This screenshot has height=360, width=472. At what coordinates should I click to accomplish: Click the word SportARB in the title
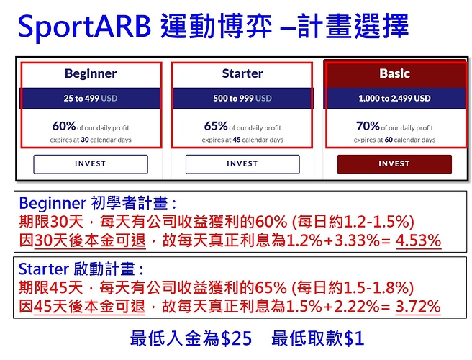pyautogui.click(x=84, y=27)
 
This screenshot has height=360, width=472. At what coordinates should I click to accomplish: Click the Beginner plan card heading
pyautogui.click(x=91, y=73)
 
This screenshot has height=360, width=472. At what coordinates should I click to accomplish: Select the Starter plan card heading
pyautogui.click(x=242, y=73)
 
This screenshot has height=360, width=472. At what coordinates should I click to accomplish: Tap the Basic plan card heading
pyautogui.click(x=394, y=73)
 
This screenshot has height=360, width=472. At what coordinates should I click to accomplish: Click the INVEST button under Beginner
pyautogui.click(x=91, y=164)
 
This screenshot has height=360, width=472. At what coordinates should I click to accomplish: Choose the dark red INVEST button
pyautogui.click(x=394, y=164)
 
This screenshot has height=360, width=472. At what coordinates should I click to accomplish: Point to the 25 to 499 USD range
pyautogui.click(x=91, y=98)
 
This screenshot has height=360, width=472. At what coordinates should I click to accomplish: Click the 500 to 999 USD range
pyautogui.click(x=242, y=98)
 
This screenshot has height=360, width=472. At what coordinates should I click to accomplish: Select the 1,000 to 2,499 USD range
pyautogui.click(x=394, y=98)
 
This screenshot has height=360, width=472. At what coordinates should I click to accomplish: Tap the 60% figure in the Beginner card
pyautogui.click(x=64, y=126)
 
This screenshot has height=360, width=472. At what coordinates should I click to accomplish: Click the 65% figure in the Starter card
pyautogui.click(x=216, y=126)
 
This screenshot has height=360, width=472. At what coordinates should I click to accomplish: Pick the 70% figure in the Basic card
pyautogui.click(x=368, y=126)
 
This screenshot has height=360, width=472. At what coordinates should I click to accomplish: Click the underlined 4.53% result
pyautogui.click(x=419, y=241)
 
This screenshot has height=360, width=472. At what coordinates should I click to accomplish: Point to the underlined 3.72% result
pyautogui.click(x=418, y=307)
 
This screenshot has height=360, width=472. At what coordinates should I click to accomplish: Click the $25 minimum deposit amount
pyautogui.click(x=236, y=338)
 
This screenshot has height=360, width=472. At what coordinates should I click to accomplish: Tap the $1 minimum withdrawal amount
pyautogui.click(x=354, y=338)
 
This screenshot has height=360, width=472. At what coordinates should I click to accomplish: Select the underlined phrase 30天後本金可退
pyautogui.click(x=90, y=241)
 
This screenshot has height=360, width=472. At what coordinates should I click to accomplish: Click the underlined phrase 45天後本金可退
pyautogui.click(x=89, y=307)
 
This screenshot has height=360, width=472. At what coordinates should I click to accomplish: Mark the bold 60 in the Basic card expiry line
pyautogui.click(x=389, y=140)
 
